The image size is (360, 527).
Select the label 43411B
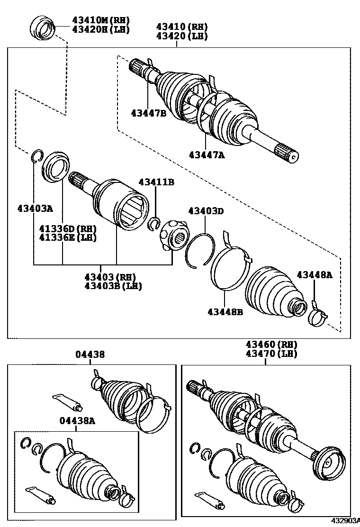156,182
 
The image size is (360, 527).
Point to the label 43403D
206,211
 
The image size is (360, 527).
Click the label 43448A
315,274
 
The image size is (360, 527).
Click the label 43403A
35,208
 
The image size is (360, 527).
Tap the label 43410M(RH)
100,20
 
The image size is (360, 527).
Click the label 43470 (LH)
271,354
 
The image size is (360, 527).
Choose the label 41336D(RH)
68,229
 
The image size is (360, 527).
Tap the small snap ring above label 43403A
37,156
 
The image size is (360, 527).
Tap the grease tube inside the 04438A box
41,493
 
